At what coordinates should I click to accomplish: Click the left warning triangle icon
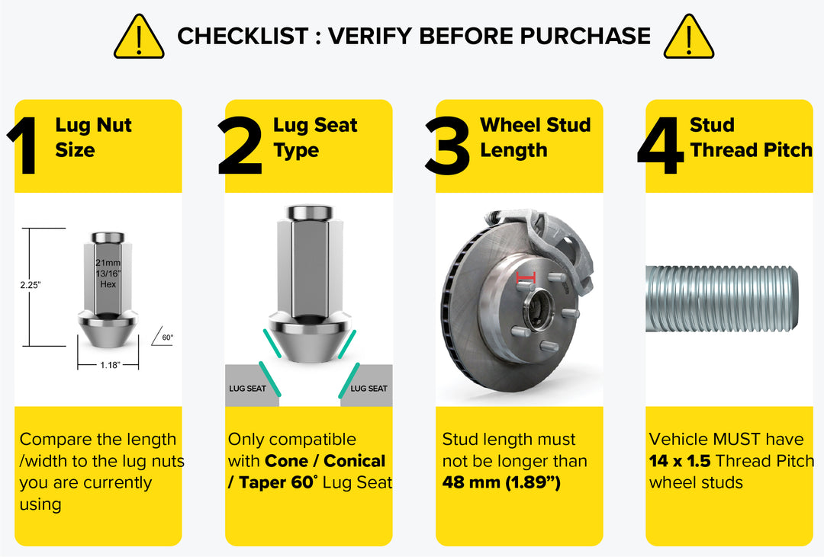coord(138,38)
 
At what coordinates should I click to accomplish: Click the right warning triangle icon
coord(688,38)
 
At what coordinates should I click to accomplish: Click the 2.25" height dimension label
coord(31,285)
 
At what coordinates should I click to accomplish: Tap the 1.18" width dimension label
coord(109,365)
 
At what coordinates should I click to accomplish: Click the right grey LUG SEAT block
coord(367,388)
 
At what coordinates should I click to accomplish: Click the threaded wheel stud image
coord(722,299)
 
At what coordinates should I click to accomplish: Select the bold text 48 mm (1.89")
coord(501,482)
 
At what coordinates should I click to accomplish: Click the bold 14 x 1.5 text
coord(680,461)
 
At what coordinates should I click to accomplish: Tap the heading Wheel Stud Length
coord(535,137)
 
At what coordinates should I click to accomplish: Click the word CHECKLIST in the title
coord(243,36)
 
